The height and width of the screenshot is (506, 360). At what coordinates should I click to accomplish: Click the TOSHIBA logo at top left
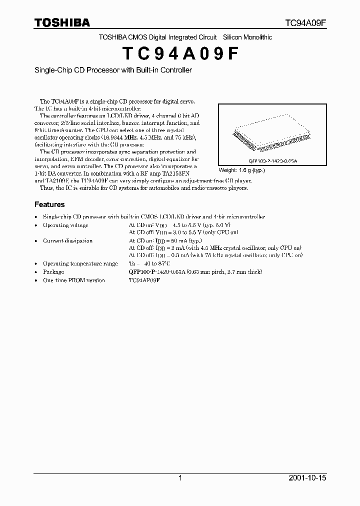(x=62, y=22)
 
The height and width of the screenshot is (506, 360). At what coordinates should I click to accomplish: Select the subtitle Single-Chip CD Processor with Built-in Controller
(x=113, y=70)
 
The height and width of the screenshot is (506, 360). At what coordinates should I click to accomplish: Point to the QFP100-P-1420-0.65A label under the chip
(x=272, y=161)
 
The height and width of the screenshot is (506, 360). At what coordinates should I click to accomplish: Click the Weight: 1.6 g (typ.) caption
(x=241, y=170)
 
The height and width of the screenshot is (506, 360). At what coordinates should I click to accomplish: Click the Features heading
(x=49, y=204)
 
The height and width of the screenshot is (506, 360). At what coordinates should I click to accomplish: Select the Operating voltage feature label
(x=65, y=225)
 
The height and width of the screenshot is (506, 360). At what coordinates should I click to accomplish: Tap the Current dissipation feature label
(x=67, y=240)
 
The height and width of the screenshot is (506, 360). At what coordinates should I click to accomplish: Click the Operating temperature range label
(x=80, y=263)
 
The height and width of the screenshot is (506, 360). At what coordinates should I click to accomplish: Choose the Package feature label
(x=53, y=271)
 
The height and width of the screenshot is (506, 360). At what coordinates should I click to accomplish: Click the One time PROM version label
(x=73, y=280)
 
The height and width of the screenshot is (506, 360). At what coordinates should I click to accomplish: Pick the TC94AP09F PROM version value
(x=144, y=280)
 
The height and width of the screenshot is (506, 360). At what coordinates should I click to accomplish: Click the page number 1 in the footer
(x=180, y=478)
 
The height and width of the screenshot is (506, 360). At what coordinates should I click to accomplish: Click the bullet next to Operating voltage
(x=36, y=225)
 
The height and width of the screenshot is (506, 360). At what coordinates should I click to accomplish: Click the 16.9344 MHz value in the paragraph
(x=119, y=137)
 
